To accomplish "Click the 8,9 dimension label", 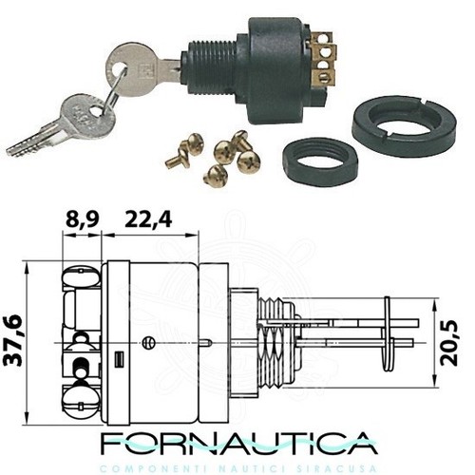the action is pos(83,219).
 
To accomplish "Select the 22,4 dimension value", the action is pos(148,219).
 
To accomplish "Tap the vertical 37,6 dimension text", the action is pos(14,340).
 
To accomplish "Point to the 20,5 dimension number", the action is pos(449,343).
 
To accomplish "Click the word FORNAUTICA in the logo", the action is pos(239,443).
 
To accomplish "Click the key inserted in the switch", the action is pos(142,67).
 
